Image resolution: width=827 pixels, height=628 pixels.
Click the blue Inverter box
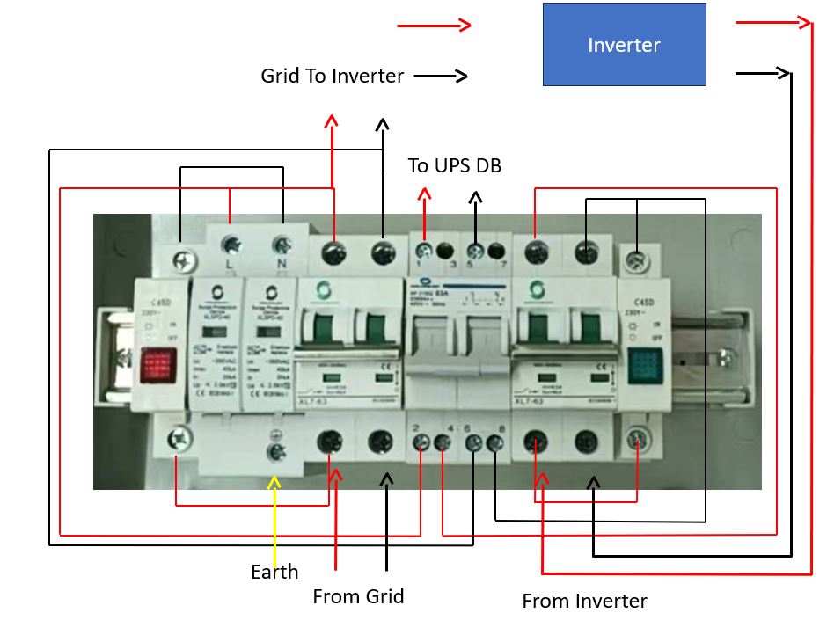coord(624,44)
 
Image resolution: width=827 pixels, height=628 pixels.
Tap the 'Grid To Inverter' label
coord(332,76)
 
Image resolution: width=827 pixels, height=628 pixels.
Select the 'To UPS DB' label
coord(454,165)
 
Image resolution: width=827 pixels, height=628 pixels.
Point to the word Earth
coord(274,572)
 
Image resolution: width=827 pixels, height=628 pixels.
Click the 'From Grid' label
coord(358,596)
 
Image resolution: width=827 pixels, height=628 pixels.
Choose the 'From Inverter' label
coord(584,601)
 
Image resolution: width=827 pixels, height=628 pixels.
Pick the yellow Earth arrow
coord(275,519)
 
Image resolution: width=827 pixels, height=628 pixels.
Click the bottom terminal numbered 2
coord(421,443)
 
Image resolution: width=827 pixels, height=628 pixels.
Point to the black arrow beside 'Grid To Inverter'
coord(441,77)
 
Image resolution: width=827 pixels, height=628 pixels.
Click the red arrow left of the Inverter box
coord(435,26)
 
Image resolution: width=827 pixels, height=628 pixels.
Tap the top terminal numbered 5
coord(476,251)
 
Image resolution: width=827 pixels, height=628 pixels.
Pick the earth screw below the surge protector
coord(275,451)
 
